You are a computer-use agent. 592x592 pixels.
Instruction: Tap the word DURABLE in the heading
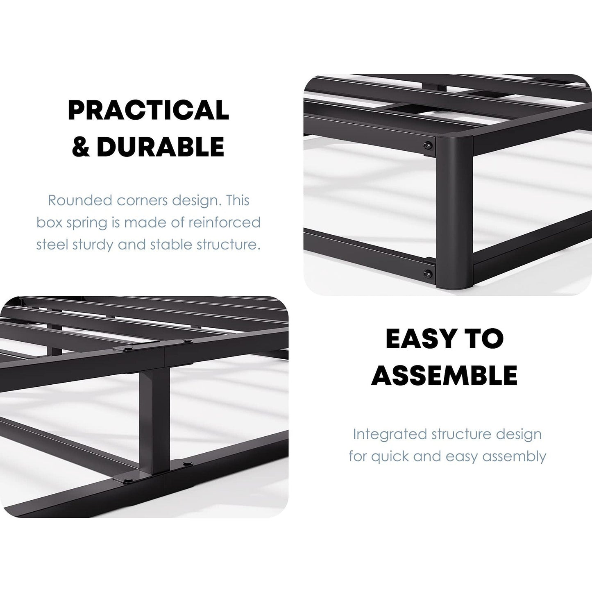[x=161, y=146]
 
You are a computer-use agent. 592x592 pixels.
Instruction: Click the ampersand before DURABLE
[x=80, y=147]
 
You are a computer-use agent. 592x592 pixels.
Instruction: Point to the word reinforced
[x=225, y=222]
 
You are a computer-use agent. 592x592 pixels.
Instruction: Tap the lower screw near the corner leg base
[x=428, y=272]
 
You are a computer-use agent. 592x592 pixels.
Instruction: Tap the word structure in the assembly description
[x=456, y=434]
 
